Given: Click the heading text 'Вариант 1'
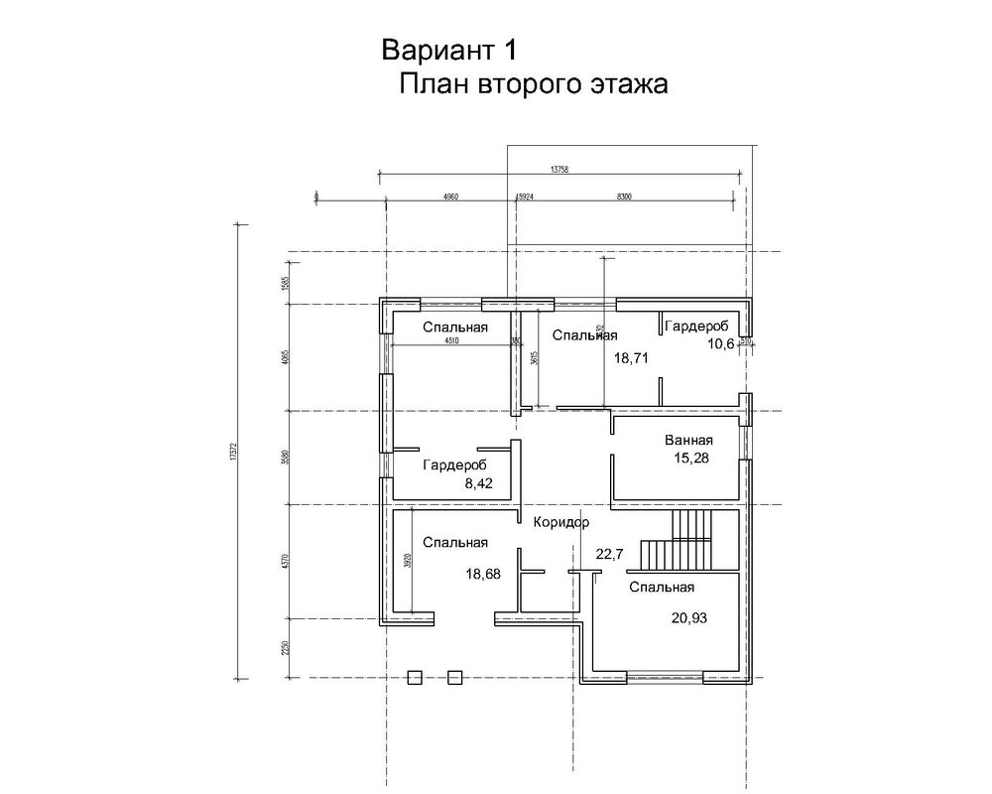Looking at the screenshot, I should pyautogui.click(x=447, y=50).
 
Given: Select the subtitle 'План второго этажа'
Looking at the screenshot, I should pyautogui.click(x=534, y=84).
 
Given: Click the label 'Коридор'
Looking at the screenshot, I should pyautogui.click(x=560, y=522).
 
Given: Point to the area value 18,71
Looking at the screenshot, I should pyautogui.click(x=630, y=358).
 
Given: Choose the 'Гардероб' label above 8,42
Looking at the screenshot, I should pyautogui.click(x=454, y=464).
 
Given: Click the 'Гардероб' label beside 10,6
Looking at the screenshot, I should pyautogui.click(x=696, y=327).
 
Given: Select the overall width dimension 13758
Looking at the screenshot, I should pyautogui.click(x=561, y=170).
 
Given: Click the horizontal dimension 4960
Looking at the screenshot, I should pyautogui.click(x=448, y=197).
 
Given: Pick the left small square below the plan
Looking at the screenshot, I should pyautogui.click(x=416, y=677).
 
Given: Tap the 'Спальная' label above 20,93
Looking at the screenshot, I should pyautogui.click(x=661, y=588).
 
